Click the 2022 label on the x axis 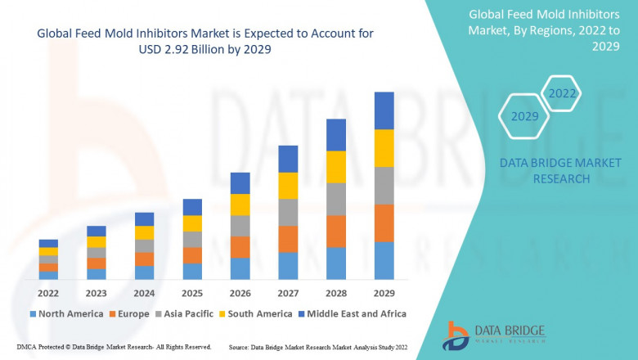pos(48,293)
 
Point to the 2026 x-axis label pos(240,293)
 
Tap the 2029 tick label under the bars pos(384,293)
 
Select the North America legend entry pos(65,313)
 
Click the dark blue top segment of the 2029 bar pos(384,110)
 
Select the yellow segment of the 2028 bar pos(336,167)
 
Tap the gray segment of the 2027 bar pos(288,212)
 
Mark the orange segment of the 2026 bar pos(240,247)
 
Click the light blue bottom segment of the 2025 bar pos(192,271)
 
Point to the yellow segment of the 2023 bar pos(97,241)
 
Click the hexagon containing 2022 pos(562,93)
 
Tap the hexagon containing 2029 pos(524,116)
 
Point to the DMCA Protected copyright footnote pos(114,347)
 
